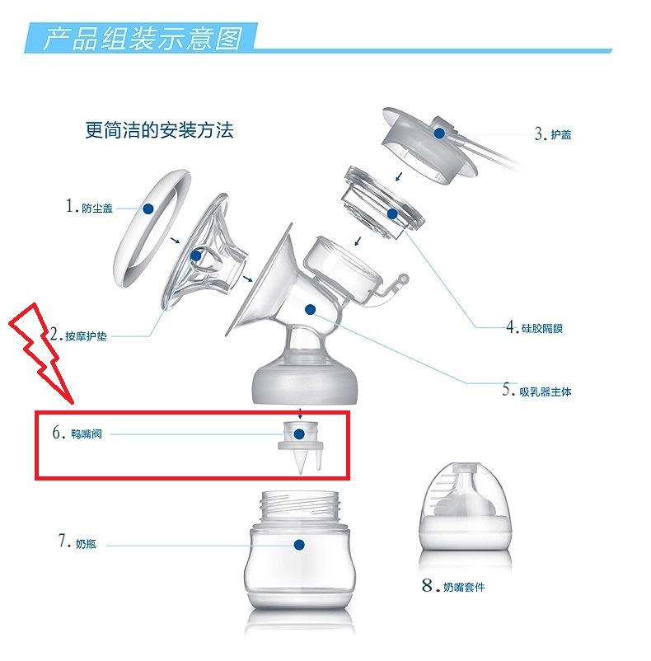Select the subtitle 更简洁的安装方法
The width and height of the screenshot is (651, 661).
click(x=159, y=129)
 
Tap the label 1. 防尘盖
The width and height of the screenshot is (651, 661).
click(x=90, y=208)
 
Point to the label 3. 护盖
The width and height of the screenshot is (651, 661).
click(x=553, y=134)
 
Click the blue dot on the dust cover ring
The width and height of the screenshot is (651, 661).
click(x=148, y=209)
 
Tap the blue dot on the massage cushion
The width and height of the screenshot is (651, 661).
click(x=196, y=256)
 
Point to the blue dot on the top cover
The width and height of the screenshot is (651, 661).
click(x=440, y=132)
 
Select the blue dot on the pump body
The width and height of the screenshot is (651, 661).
click(x=310, y=309)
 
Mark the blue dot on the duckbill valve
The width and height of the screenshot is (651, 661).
click(x=300, y=434)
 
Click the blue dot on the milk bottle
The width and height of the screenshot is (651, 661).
click(x=298, y=545)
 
